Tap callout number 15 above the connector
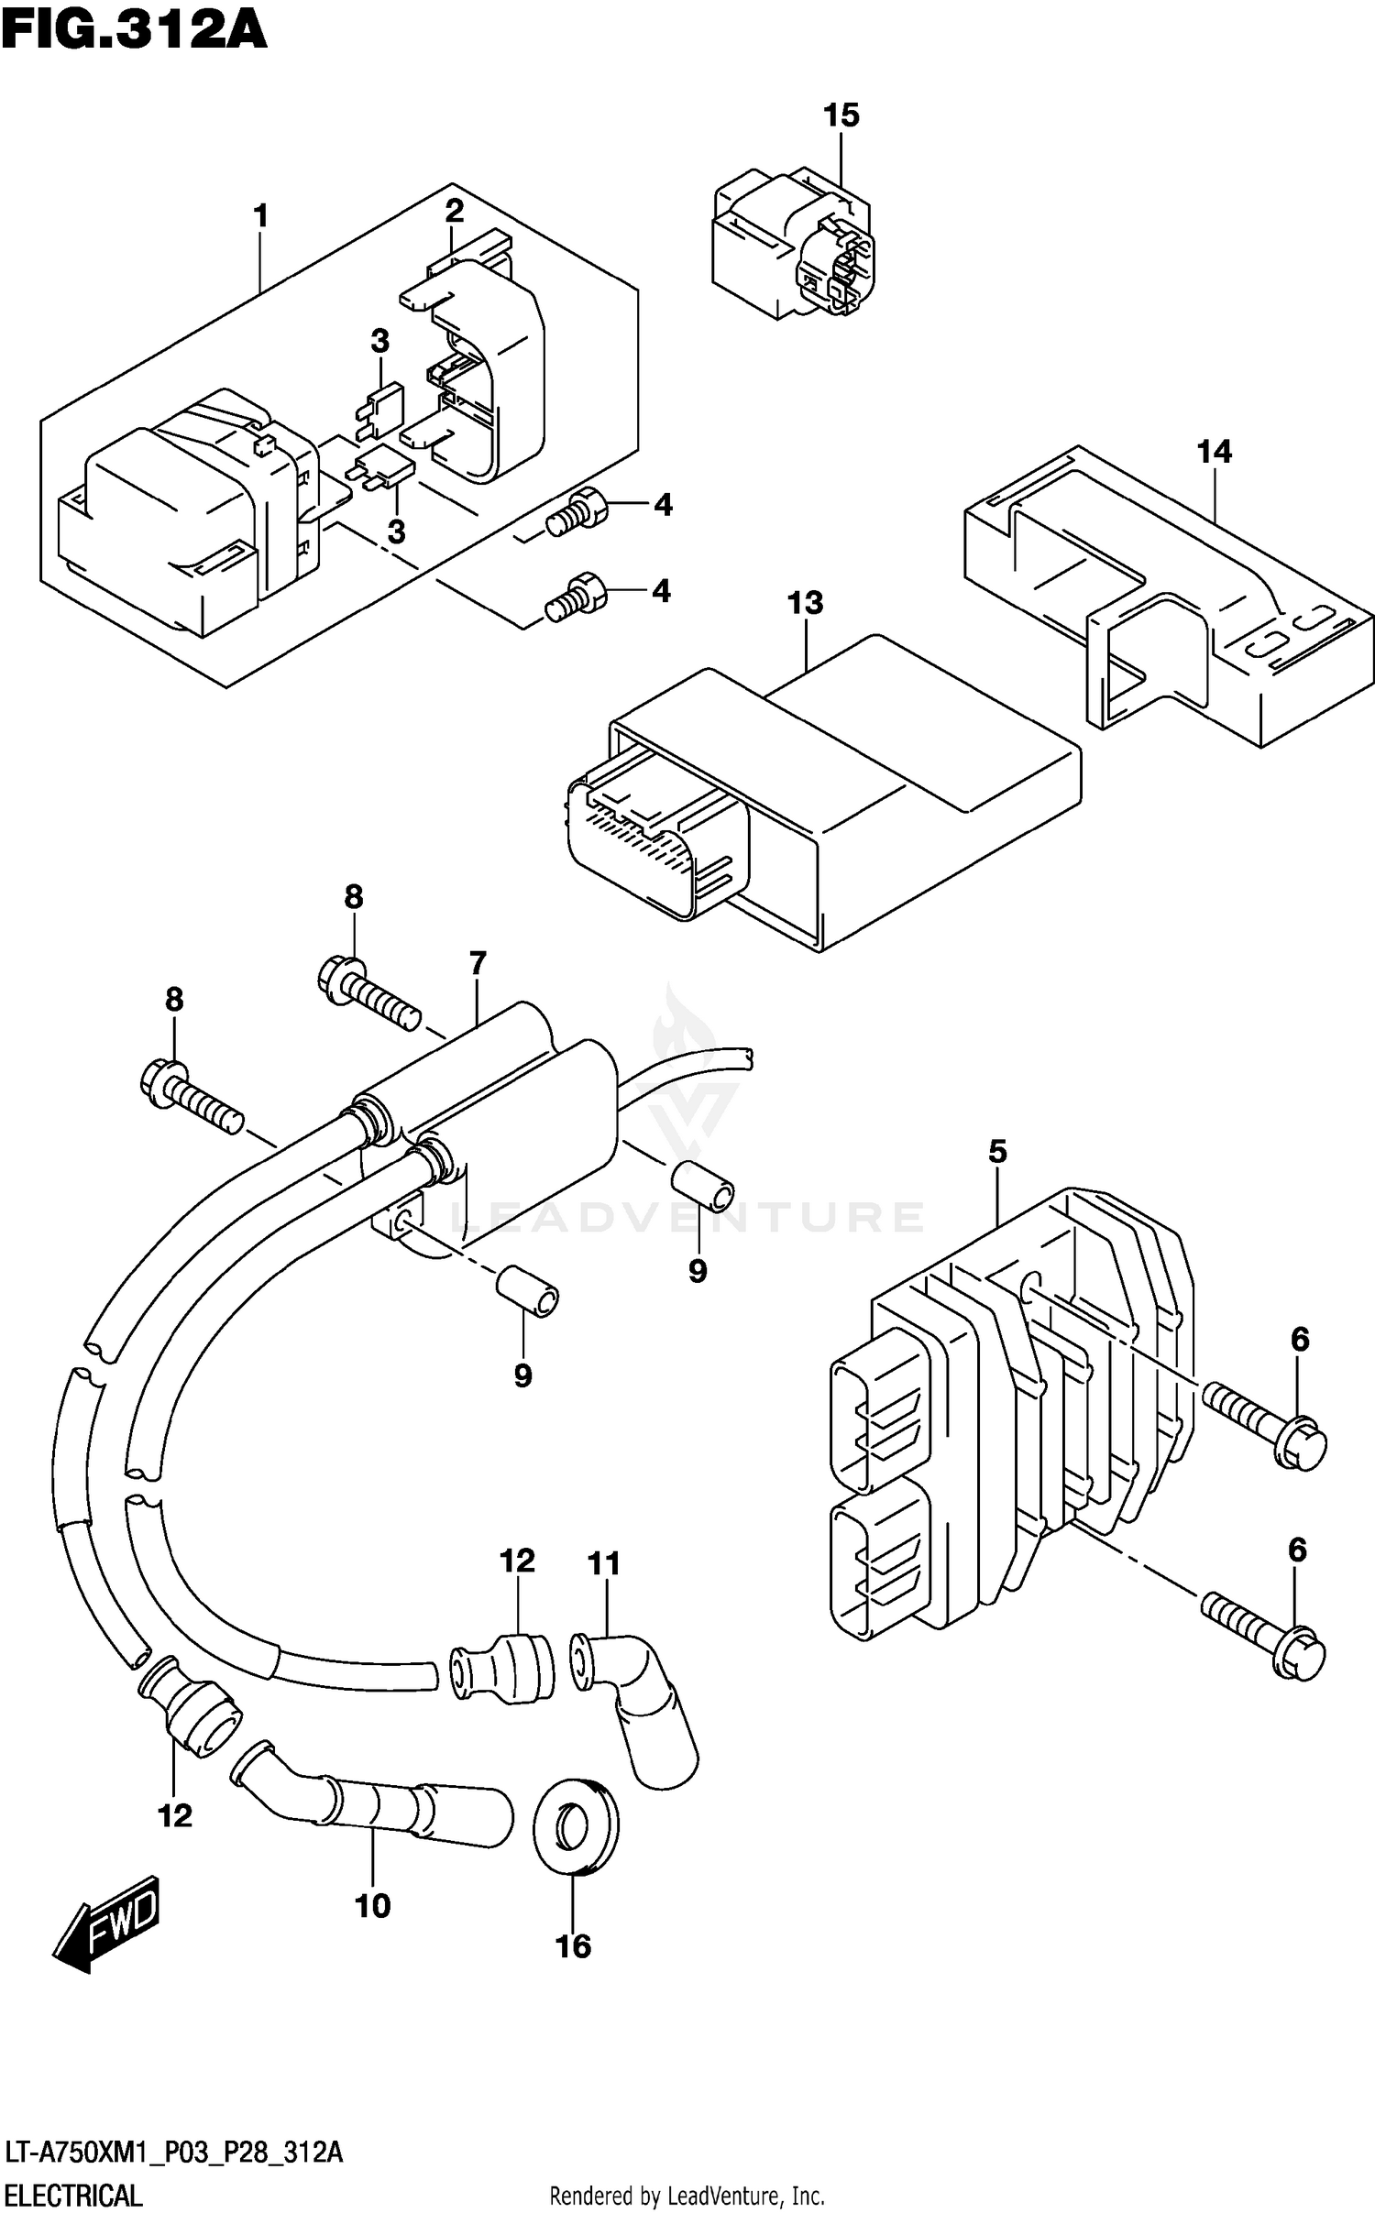click(x=841, y=115)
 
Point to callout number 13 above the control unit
click(x=805, y=603)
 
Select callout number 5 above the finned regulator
click(x=997, y=1152)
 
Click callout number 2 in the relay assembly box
click(x=454, y=212)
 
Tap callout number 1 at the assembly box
click(x=261, y=217)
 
